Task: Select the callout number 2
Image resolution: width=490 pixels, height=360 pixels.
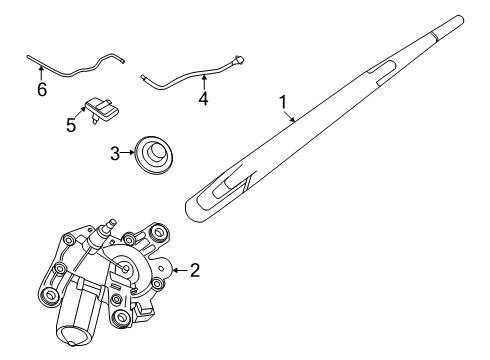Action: (196, 268)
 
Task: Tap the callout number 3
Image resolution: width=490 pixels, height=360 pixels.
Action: (114, 153)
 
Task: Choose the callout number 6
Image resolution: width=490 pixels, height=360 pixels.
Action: (41, 90)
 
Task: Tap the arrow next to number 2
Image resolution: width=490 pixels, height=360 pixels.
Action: (179, 268)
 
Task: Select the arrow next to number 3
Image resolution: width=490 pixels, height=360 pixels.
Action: (129, 153)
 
